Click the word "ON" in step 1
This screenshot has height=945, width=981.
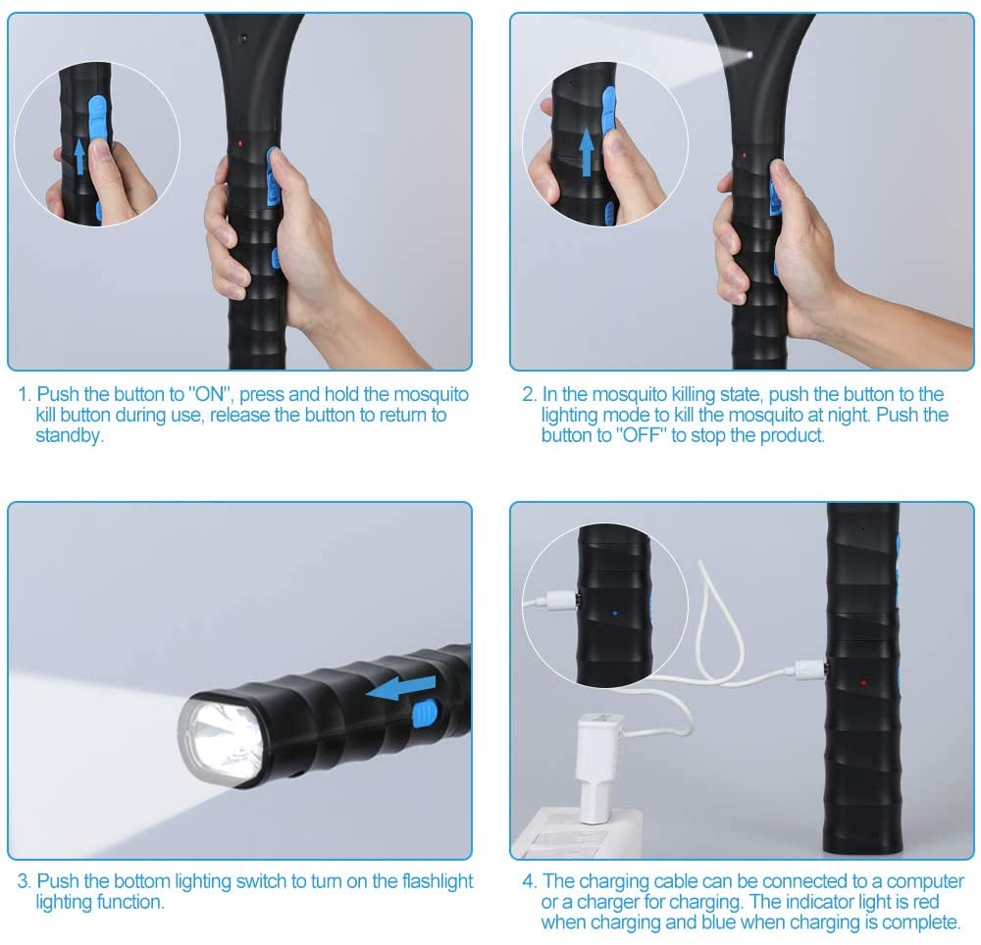[210, 394]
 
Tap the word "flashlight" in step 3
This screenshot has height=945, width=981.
[438, 881]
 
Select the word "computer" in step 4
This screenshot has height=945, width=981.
[925, 882]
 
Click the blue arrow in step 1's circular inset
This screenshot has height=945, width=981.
[79, 157]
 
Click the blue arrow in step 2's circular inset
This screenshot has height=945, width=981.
[587, 151]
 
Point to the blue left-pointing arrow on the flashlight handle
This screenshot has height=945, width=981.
[400, 688]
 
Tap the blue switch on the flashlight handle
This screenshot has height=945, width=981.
[424, 714]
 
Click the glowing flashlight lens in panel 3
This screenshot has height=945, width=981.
[224, 741]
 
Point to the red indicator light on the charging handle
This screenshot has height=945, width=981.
[863, 682]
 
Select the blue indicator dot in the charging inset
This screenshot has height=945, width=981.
[615, 614]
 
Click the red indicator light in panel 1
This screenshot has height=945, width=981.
[240, 144]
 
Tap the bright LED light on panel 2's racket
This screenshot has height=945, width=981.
[749, 56]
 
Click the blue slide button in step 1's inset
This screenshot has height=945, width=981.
[98, 119]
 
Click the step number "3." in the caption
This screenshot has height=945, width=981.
[24, 881]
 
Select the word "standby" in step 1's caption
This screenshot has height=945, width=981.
[69, 435]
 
